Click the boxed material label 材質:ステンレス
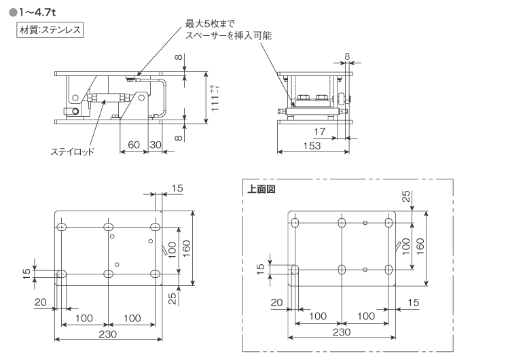[48, 31]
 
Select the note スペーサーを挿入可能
[228, 35]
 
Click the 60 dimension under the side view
[133, 145]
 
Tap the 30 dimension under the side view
[156, 145]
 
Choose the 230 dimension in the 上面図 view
[341, 332]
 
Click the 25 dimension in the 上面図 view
[405, 196]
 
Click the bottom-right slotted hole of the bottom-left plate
[156, 273]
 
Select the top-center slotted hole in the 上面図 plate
[342, 223]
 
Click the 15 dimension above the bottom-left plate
[177, 188]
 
